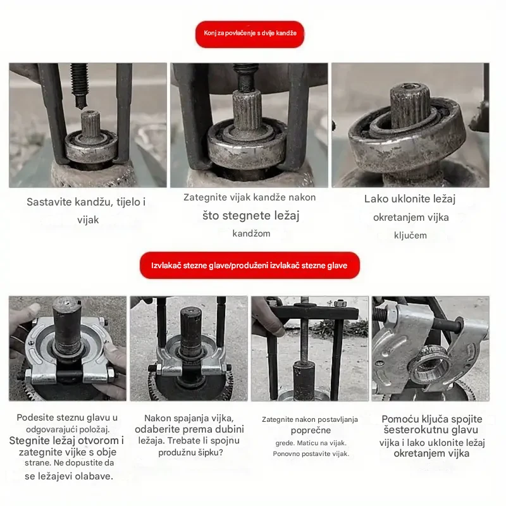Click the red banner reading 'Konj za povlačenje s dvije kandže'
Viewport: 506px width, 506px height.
(x=249, y=34)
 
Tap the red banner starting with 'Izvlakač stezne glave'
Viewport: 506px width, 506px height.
(x=249, y=265)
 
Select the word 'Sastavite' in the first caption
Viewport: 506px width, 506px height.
(x=49, y=202)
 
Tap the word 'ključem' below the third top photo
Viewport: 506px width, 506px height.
(x=410, y=235)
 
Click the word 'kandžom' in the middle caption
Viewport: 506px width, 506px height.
(x=251, y=233)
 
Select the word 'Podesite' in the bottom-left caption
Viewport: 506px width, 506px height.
(x=35, y=417)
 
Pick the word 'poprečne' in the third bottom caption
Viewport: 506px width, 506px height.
(x=311, y=430)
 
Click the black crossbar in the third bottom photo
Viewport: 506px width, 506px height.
(x=315, y=312)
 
